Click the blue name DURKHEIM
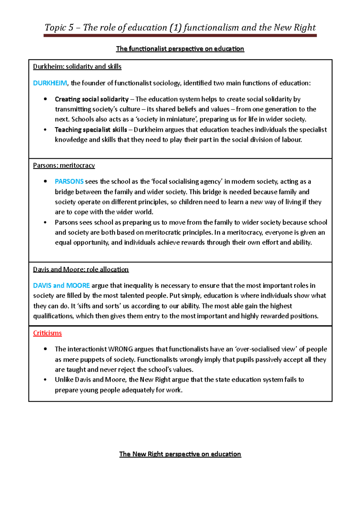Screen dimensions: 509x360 point(50,83)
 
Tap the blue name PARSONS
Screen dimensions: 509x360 point(69,181)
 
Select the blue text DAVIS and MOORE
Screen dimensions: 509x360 point(61,285)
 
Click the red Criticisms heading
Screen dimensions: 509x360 point(47,333)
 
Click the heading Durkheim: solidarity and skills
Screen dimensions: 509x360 point(77,67)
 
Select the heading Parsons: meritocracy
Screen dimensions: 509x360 point(64,165)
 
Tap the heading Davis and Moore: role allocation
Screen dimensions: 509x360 point(81,269)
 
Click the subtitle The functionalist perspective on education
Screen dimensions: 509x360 point(180,49)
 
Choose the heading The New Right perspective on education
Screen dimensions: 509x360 point(180,454)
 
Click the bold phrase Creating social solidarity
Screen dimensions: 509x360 point(91,99)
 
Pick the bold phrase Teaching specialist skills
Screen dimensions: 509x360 point(91,129)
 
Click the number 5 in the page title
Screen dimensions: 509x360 point(71,28)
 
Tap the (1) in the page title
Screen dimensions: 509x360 point(175,28)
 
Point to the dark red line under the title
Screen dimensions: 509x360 point(180,35)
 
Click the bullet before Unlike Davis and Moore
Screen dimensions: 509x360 point(45,380)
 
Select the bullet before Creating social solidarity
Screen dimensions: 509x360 point(45,99)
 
